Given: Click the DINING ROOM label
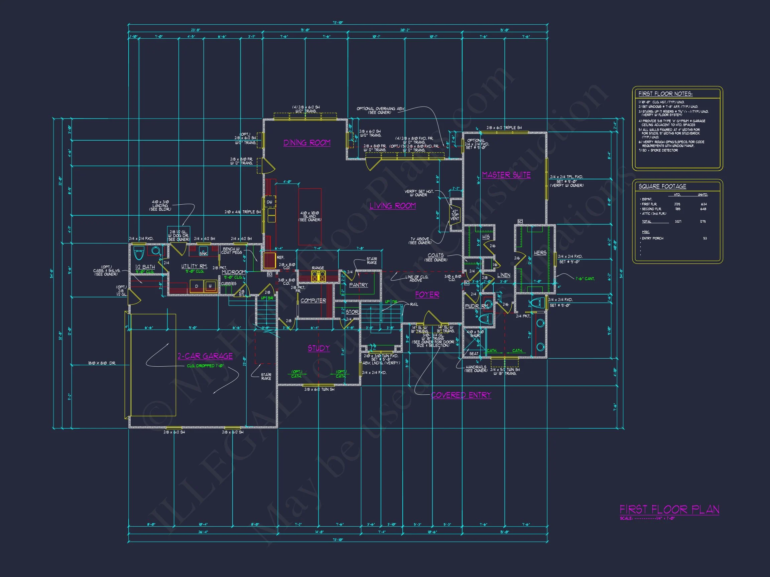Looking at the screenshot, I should pyautogui.click(x=307, y=143).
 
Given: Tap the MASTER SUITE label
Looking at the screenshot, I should pyautogui.click(x=506, y=175).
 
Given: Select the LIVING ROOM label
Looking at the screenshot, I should pyautogui.click(x=393, y=206).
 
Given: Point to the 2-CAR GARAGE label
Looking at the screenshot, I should pyautogui.click(x=205, y=356).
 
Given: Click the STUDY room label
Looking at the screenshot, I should pyautogui.click(x=318, y=348).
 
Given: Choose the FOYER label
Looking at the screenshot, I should pyautogui.click(x=427, y=295).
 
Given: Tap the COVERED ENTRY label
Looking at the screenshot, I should pyautogui.click(x=461, y=395).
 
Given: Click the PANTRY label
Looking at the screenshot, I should pyautogui.click(x=358, y=285).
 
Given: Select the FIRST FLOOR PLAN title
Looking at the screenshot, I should pyautogui.click(x=669, y=510).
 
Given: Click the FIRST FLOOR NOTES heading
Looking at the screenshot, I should pyautogui.click(x=665, y=94).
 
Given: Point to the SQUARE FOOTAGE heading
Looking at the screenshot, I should pyautogui.click(x=662, y=186).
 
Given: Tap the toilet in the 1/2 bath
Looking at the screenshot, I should pyautogui.click(x=139, y=253).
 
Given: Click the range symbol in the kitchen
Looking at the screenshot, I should pyautogui.click(x=317, y=276).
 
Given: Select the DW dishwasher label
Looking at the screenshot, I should pyautogui.click(x=269, y=202).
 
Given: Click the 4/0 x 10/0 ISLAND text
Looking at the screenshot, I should pyautogui.click(x=309, y=216).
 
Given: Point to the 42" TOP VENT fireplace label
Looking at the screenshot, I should pyautogui.click(x=455, y=215).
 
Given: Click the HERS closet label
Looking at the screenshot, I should pyautogui.click(x=540, y=253).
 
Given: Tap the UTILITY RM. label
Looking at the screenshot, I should pyautogui.click(x=194, y=266).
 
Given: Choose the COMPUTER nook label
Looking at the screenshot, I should pyautogui.click(x=313, y=301).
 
